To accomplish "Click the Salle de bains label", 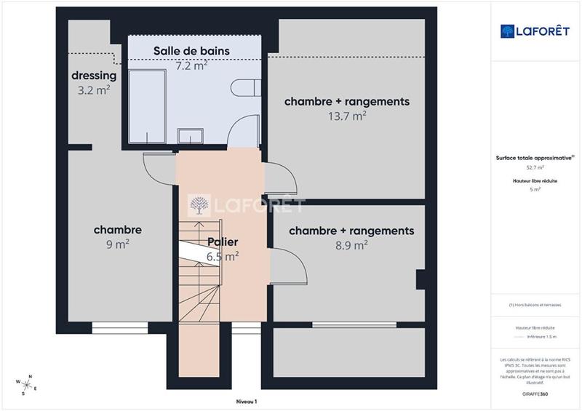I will point(191,51).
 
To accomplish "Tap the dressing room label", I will point(94,76).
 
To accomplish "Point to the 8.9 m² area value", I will point(351,246).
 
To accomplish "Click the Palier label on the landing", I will point(223,242).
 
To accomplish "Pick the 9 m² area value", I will point(117,245).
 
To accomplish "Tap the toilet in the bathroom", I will point(245,89).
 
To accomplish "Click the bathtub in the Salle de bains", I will point(151,106).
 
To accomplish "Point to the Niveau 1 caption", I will point(247,402).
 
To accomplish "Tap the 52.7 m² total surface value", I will point(535,167).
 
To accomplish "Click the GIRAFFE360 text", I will point(536,393).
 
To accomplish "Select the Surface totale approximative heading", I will point(535,157).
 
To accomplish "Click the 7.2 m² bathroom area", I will point(191,65).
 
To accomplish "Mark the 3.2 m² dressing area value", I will point(94,91).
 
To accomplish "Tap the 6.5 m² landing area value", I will point(223,256).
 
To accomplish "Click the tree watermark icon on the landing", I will point(197,207).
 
